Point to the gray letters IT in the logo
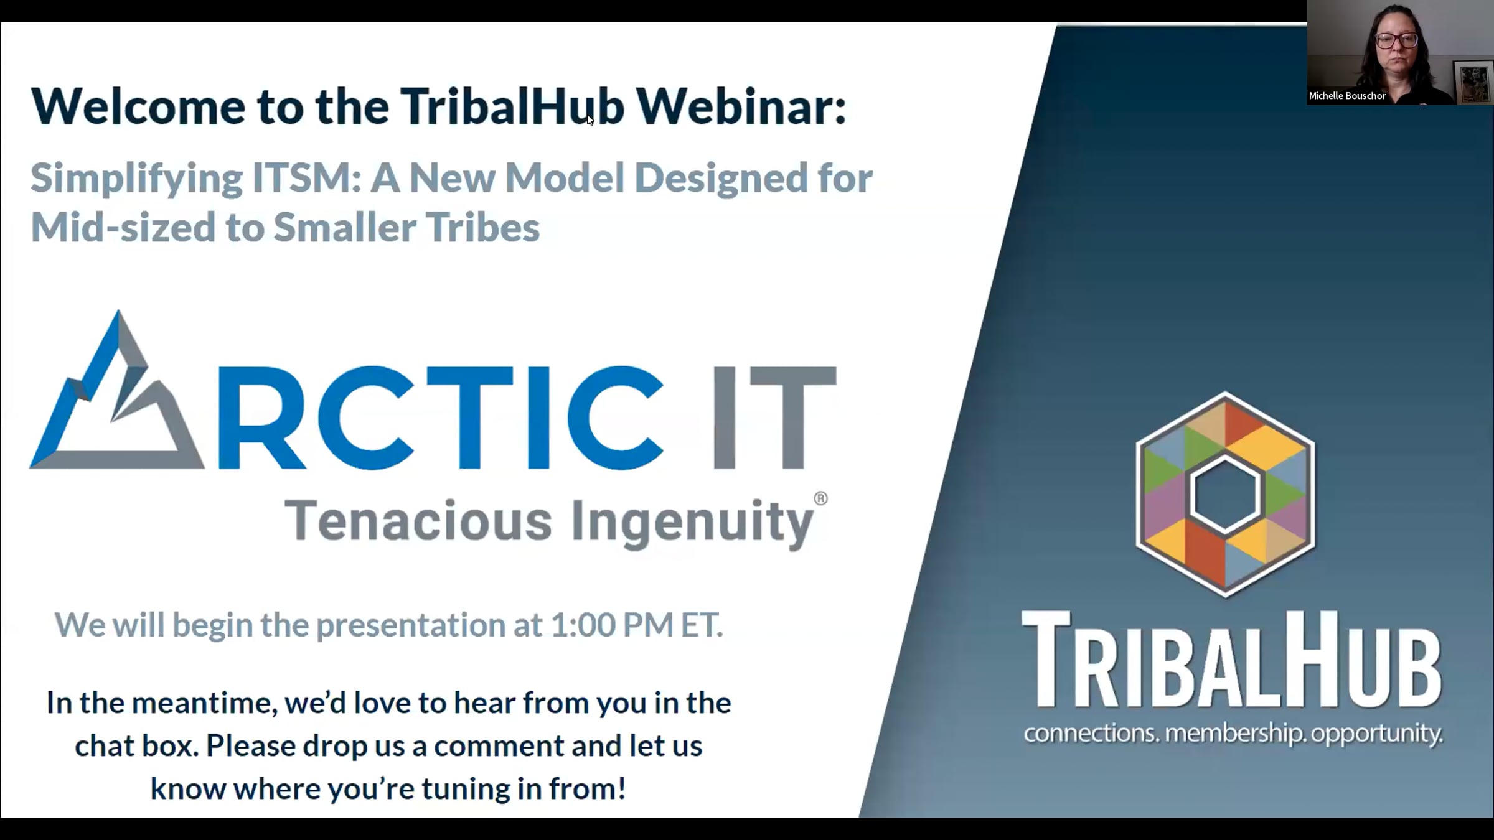(774, 417)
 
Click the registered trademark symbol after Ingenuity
(820, 498)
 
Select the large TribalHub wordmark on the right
(1232, 660)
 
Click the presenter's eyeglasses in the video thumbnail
(1396, 40)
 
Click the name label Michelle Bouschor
(1347, 96)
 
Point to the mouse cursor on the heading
(590, 119)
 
